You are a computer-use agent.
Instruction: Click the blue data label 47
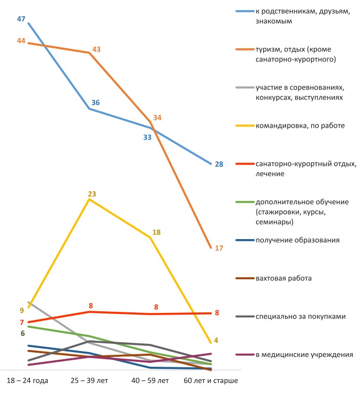[x=21, y=19]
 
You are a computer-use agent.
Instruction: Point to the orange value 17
[x=219, y=248]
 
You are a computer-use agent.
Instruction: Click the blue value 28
[x=219, y=164]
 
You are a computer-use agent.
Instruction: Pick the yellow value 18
[x=156, y=232]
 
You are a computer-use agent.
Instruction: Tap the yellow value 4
[x=216, y=341]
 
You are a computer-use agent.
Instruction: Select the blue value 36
[x=96, y=103]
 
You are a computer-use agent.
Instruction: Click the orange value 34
[x=157, y=117]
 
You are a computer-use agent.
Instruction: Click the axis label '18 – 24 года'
[x=27, y=380]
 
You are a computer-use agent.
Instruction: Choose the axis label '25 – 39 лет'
[x=90, y=380]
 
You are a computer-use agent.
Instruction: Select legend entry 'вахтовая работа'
[x=281, y=278]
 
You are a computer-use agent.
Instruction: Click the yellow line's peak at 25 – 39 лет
[x=89, y=199]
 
